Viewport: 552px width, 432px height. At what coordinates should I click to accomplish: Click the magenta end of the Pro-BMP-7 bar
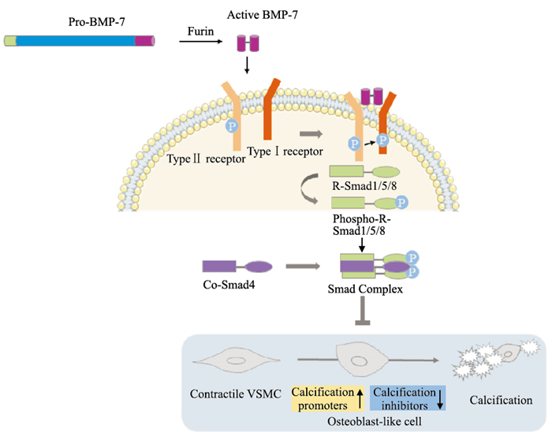coord(144,40)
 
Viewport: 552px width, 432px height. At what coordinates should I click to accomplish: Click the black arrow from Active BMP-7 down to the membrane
coord(248,67)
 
